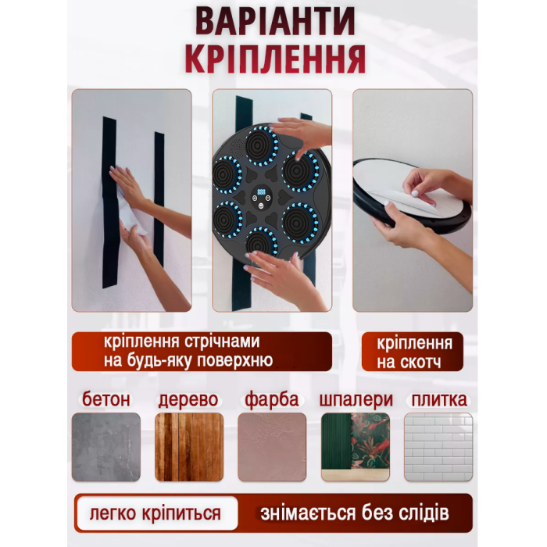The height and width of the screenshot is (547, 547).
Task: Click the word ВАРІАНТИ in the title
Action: [275, 21]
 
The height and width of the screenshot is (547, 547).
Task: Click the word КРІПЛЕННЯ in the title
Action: [275, 59]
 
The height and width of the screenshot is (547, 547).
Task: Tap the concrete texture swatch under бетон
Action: [106, 447]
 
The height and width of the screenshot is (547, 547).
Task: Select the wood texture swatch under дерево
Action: [189, 447]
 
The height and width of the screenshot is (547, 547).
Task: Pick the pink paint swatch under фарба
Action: [272, 447]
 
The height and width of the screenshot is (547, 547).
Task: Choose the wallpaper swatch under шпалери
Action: [355, 447]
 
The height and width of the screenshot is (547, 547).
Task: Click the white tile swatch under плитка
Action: [438, 447]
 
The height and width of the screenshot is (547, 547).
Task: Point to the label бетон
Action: [106, 399]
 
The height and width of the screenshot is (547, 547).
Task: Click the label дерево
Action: [188, 400]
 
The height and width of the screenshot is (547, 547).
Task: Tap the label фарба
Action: [272, 400]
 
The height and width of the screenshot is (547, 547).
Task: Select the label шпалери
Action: [356, 400]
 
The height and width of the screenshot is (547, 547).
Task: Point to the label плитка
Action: [439, 400]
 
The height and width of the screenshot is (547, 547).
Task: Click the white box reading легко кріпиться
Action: [157, 513]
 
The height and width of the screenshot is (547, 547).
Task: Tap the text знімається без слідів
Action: [355, 513]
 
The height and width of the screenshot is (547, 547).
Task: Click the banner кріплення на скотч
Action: [413, 352]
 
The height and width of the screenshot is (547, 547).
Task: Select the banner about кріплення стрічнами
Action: [202, 352]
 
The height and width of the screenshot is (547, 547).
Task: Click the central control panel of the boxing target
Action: [262, 198]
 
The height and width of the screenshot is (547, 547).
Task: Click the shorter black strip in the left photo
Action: [159, 198]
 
